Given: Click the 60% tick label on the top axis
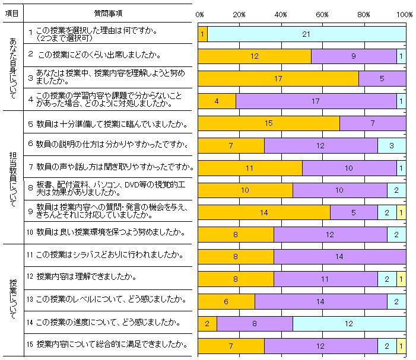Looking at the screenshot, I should tap(323, 14).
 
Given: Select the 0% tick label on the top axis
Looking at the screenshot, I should tap(199, 14).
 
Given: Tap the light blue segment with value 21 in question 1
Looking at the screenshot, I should tap(306, 34).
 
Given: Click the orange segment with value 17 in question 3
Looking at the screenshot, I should tap(278, 78).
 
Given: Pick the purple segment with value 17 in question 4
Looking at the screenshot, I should tap(316, 101).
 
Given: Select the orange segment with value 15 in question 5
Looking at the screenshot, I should tap(268, 123).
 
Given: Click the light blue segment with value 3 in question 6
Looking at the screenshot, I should tap(392, 145).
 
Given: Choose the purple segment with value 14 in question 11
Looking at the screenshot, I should tap(339, 256).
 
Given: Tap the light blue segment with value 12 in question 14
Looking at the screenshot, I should tap(349, 323).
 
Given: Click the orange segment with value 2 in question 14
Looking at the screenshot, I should tap(207, 323).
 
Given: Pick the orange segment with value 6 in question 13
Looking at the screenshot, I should tap(226, 301).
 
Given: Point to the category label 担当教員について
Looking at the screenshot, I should tap(13, 176).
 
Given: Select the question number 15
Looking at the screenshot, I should tap(30, 344).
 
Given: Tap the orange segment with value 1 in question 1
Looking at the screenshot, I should tap(202, 34).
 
